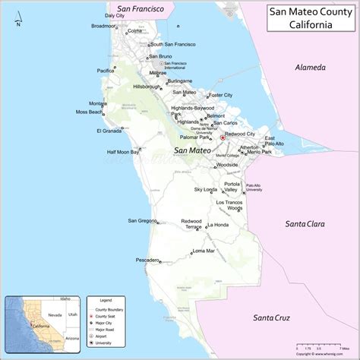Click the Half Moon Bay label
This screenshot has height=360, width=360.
point(122,152)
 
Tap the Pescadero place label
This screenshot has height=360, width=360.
point(147,260)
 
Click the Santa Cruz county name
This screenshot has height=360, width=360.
point(274,317)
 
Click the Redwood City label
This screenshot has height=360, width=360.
point(240,134)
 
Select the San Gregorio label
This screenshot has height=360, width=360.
point(142,221)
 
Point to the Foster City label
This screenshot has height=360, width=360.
point(221,95)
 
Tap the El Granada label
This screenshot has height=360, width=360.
point(109,131)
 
